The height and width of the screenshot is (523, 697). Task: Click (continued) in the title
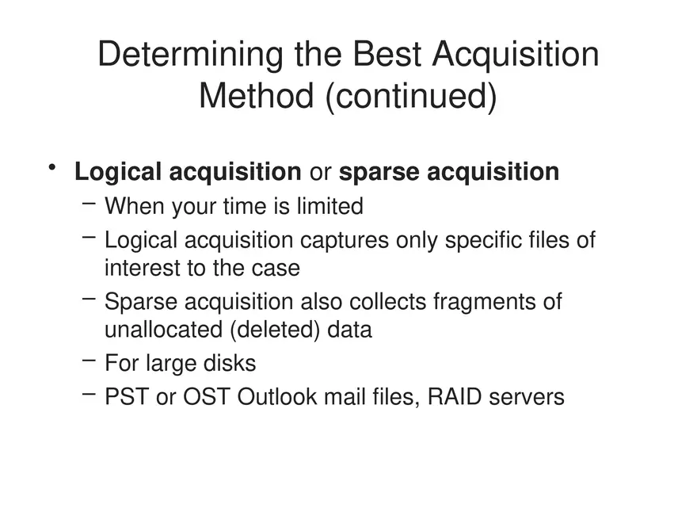[410, 96]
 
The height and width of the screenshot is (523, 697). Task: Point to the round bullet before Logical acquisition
[52, 167]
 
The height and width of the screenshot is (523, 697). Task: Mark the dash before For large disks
[89, 361]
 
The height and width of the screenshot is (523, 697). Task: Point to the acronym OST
[207, 396]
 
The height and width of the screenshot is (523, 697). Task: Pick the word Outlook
[276, 396]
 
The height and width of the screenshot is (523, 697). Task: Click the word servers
[527, 396]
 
